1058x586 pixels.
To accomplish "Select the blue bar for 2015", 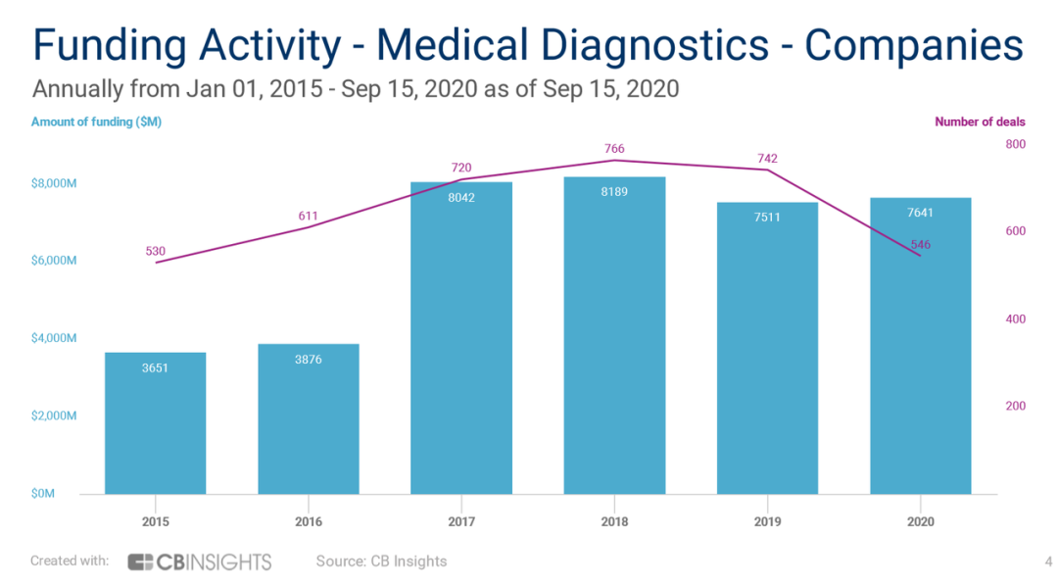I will point(155,423).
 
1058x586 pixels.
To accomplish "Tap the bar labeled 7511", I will point(767,348).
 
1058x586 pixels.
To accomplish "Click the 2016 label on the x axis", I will point(308,522).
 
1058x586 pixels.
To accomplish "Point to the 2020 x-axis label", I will point(921,522).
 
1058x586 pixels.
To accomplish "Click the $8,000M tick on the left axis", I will point(54,183).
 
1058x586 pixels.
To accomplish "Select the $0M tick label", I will point(43,494).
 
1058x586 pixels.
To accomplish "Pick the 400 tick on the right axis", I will point(1014,319).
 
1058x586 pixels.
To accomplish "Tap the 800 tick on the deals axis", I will point(1014,145).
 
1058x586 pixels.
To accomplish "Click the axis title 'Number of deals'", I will point(980,122).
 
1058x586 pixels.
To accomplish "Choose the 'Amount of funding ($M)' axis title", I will point(96,122).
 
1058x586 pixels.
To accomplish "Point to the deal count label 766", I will point(614,149).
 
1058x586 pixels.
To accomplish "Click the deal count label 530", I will point(155,252).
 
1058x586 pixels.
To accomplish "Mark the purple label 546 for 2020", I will point(921,245).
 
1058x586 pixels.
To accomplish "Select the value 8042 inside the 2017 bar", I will point(460,197).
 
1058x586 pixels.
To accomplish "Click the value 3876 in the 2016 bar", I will point(308,360).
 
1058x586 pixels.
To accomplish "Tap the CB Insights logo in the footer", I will point(200,562).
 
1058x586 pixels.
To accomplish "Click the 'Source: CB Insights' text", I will point(381,562).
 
